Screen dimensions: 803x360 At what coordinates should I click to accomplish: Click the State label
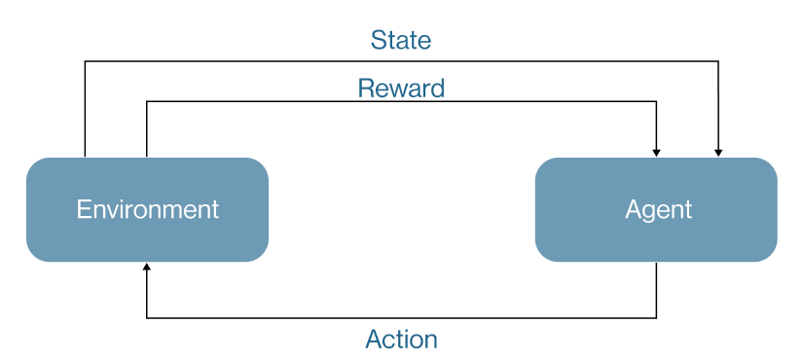401,40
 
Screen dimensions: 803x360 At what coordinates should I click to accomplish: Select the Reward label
401,89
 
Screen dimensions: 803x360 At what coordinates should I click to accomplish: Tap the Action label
401,340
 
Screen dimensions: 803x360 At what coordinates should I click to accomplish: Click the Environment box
148,209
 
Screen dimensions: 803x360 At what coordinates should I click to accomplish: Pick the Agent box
656,209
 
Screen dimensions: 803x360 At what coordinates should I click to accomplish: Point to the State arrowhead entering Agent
718,153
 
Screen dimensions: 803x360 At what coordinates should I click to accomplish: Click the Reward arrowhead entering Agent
657,153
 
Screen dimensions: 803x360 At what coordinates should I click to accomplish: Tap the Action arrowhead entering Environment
147,267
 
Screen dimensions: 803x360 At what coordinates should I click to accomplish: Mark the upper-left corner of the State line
85,61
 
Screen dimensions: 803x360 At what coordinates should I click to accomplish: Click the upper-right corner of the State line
718,61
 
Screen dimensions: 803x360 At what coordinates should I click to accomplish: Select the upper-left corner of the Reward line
147,101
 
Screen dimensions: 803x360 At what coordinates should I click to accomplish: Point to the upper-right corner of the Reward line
657,101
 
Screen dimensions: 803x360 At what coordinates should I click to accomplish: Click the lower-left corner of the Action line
147,318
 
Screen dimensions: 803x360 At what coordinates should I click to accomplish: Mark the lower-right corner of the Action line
657,318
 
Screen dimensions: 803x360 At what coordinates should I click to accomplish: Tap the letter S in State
379,40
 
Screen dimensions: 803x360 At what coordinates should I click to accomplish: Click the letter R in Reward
366,89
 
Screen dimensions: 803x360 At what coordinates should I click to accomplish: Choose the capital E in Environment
83,209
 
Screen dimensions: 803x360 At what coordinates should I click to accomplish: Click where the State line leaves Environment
85,157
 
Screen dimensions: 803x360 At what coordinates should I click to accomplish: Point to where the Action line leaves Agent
657,263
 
